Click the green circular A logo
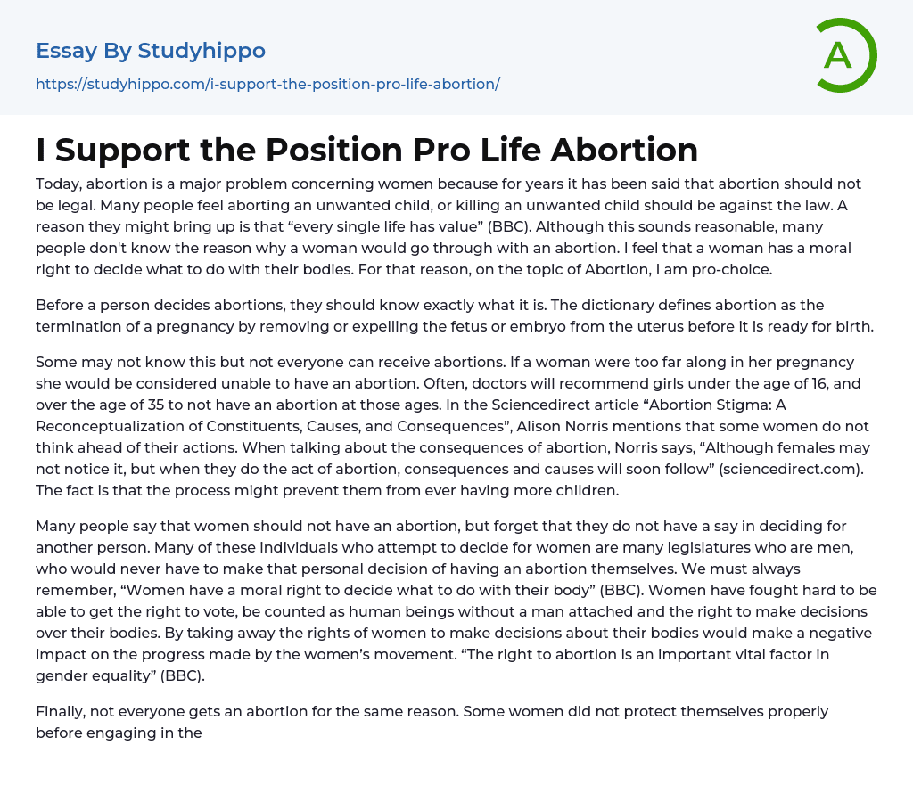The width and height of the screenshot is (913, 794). (846, 55)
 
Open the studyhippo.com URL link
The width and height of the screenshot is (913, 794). (267, 84)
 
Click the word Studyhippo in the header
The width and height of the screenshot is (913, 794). (202, 51)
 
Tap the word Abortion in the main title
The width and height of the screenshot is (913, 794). (624, 150)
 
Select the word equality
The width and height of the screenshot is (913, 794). (119, 675)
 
